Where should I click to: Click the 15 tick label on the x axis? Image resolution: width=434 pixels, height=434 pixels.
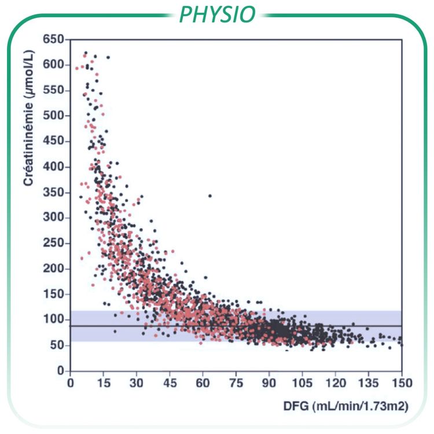[104, 382]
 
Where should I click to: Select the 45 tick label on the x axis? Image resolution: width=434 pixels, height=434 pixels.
[170, 382]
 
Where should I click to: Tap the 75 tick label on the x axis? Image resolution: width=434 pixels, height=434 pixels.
[236, 382]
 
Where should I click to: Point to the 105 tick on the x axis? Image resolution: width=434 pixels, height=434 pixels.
[303, 382]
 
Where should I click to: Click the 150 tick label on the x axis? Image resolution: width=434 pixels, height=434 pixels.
[402, 382]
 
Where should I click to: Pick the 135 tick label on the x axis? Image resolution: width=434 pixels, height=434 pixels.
[369, 382]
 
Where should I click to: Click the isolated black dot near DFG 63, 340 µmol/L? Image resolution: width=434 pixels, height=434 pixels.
[210, 196]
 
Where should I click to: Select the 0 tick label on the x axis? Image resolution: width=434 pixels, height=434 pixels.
[71, 382]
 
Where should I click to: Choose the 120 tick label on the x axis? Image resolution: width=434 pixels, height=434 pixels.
[336, 382]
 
